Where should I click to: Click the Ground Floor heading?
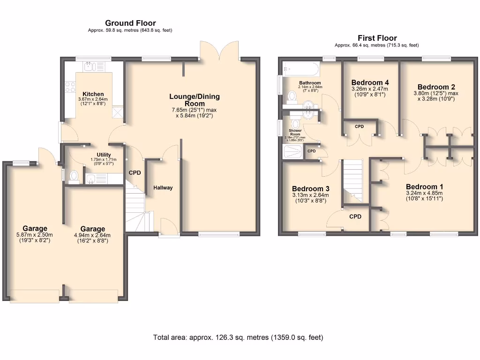(130, 23)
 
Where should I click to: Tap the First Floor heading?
(377, 38)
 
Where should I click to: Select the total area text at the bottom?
(238, 337)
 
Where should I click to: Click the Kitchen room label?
(93, 94)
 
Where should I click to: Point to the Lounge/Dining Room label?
(195, 100)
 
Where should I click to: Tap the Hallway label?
(163, 188)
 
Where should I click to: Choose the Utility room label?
(104, 155)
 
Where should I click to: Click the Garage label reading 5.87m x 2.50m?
(35, 229)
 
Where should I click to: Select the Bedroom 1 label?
(424, 185)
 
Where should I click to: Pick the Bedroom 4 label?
(370, 82)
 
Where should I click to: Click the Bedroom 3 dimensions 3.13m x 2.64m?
(310, 195)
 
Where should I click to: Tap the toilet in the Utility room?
(73, 176)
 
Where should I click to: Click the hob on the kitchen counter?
(70, 87)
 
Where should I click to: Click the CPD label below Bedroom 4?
(359, 127)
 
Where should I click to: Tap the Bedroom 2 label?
(436, 87)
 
